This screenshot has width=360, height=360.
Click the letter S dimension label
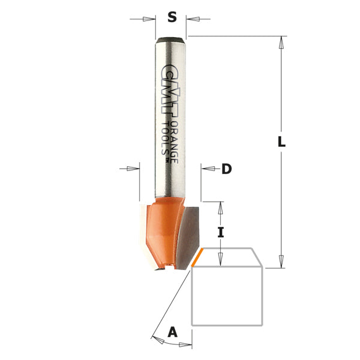click(x=172, y=17)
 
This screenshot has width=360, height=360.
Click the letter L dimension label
click(x=281, y=143)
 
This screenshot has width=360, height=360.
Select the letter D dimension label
click(x=226, y=169)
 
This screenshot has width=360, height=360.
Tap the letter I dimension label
click(x=221, y=232)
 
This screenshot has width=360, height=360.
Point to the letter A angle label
click(x=173, y=331)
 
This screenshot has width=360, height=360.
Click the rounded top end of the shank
click(x=170, y=40)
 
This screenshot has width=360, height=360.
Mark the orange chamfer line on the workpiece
click(x=197, y=258)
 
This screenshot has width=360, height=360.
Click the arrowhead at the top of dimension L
click(x=281, y=41)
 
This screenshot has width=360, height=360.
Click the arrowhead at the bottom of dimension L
click(x=281, y=262)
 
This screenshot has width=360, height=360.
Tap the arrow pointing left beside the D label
click(x=208, y=169)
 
